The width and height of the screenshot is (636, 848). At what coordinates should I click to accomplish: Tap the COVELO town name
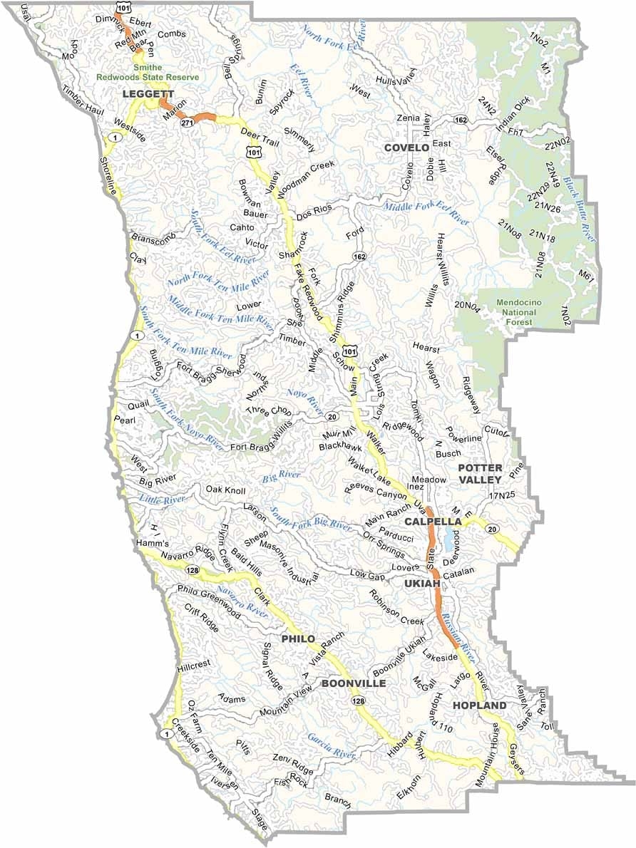(406, 148)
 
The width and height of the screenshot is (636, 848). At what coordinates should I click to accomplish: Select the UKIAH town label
(419, 584)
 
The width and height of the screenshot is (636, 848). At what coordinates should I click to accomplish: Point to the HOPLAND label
(479, 705)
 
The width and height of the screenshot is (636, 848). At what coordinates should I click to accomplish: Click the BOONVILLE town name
(354, 683)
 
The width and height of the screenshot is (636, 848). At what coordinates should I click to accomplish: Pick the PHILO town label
(298, 638)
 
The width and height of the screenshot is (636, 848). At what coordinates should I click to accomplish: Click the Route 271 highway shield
(187, 123)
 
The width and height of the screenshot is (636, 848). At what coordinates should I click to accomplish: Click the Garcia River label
(331, 745)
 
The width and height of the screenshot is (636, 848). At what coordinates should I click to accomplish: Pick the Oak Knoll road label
(225, 490)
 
